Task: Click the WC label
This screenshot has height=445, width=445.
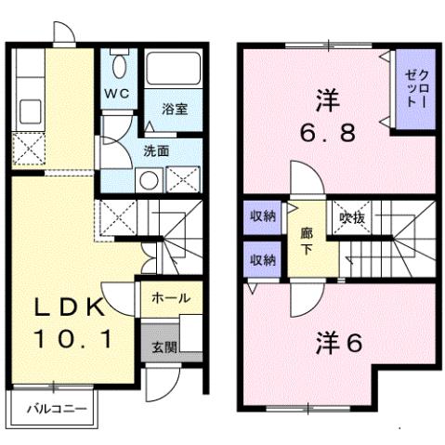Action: [x=116, y=93]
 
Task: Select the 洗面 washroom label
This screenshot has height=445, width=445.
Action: [x=155, y=151]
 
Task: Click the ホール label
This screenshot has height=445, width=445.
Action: [x=171, y=298]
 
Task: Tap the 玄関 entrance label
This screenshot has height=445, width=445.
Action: [x=164, y=347]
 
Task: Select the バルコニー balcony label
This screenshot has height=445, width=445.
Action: [x=54, y=408]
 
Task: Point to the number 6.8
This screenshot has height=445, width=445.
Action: [x=327, y=131]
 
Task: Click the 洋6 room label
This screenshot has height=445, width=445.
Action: [x=335, y=341]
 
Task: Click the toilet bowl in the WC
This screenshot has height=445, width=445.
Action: [x=118, y=66]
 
